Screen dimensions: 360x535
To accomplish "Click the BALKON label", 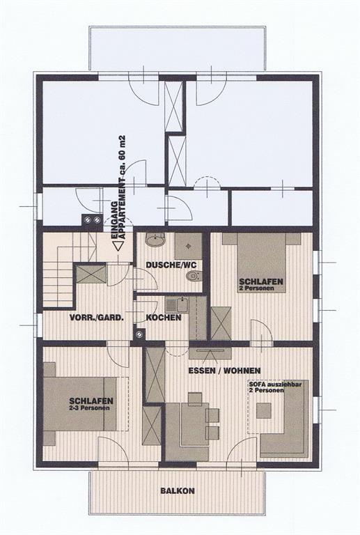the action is click(178, 490).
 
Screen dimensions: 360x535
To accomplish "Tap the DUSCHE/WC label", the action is click(171, 265).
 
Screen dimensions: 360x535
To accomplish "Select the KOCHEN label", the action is click(164, 318).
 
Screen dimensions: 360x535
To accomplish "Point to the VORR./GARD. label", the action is click(97, 318).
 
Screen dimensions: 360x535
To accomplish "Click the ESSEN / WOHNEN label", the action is click(225, 371).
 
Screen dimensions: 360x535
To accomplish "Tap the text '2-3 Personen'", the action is click(90, 408).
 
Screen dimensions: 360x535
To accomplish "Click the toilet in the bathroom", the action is click(194, 275).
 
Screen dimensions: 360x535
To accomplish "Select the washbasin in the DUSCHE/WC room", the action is click(155, 240).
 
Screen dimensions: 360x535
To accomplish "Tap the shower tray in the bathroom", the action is click(188, 246).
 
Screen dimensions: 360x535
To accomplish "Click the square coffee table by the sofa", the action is click(264, 411).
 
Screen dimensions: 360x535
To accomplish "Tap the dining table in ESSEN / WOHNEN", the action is click(194, 424).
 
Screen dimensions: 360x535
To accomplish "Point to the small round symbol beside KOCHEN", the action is click(139, 334).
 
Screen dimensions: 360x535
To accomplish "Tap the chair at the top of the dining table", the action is click(195, 398).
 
